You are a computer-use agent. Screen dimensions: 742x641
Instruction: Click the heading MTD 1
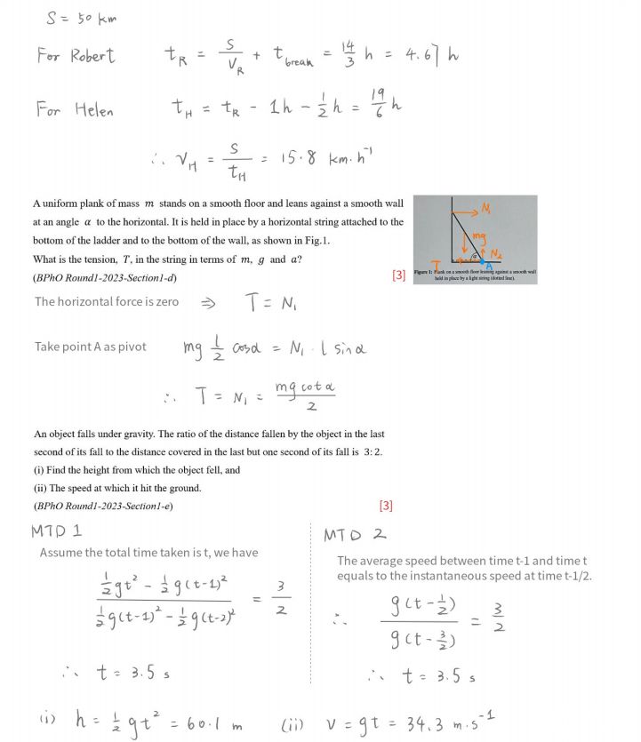click(56, 531)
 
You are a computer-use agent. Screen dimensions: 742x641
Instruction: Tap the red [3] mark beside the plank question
click(398, 275)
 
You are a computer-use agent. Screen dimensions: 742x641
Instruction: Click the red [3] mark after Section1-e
click(385, 506)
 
